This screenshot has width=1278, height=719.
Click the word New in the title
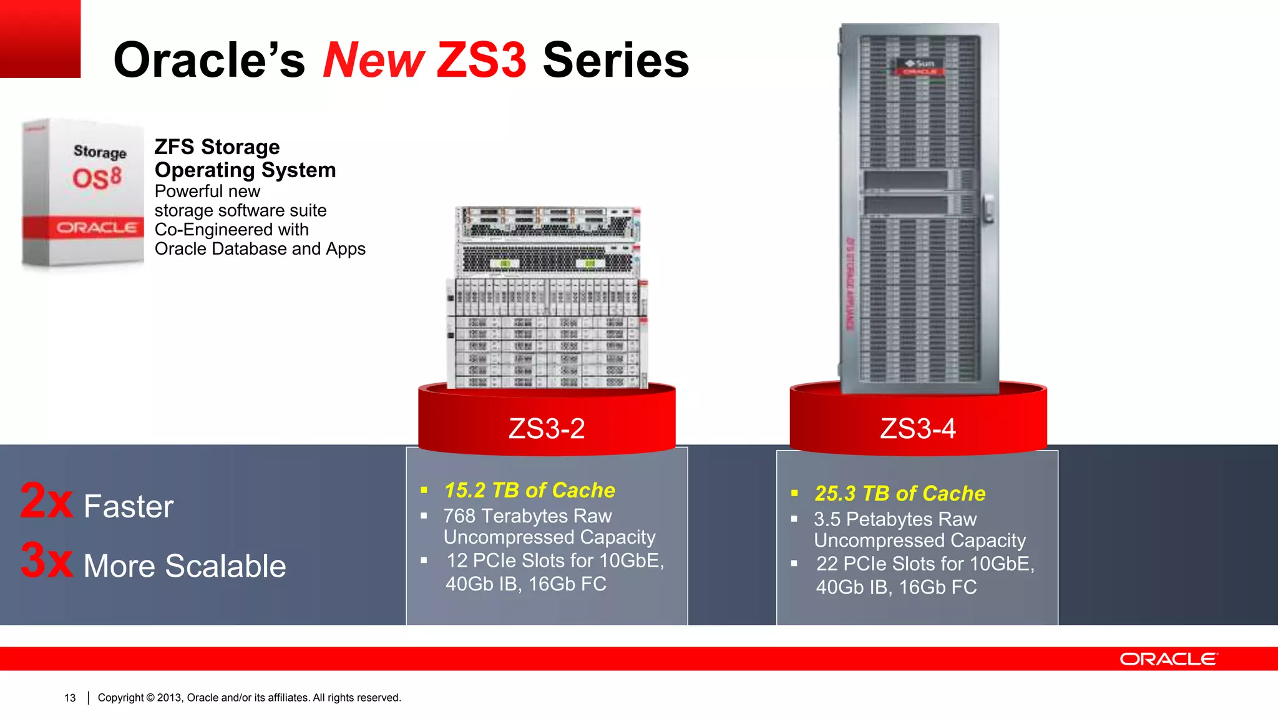(373, 61)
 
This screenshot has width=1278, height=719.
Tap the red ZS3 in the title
(481, 61)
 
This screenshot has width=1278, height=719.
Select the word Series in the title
(616, 61)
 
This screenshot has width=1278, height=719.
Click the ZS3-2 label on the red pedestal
(547, 429)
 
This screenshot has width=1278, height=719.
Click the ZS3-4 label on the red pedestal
(917, 429)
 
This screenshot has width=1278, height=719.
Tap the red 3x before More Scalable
(46, 560)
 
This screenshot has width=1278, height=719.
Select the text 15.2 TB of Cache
(529, 491)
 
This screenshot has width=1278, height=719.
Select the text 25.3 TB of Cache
(900, 494)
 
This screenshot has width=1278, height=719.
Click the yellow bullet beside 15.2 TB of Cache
(424, 491)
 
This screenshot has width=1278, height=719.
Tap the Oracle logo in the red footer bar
(1168, 659)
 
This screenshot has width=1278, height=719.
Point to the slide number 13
(70, 698)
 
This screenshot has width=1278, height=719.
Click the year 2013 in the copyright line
(168, 698)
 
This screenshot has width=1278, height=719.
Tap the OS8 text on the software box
(97, 179)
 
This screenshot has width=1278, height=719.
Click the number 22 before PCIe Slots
(827, 564)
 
